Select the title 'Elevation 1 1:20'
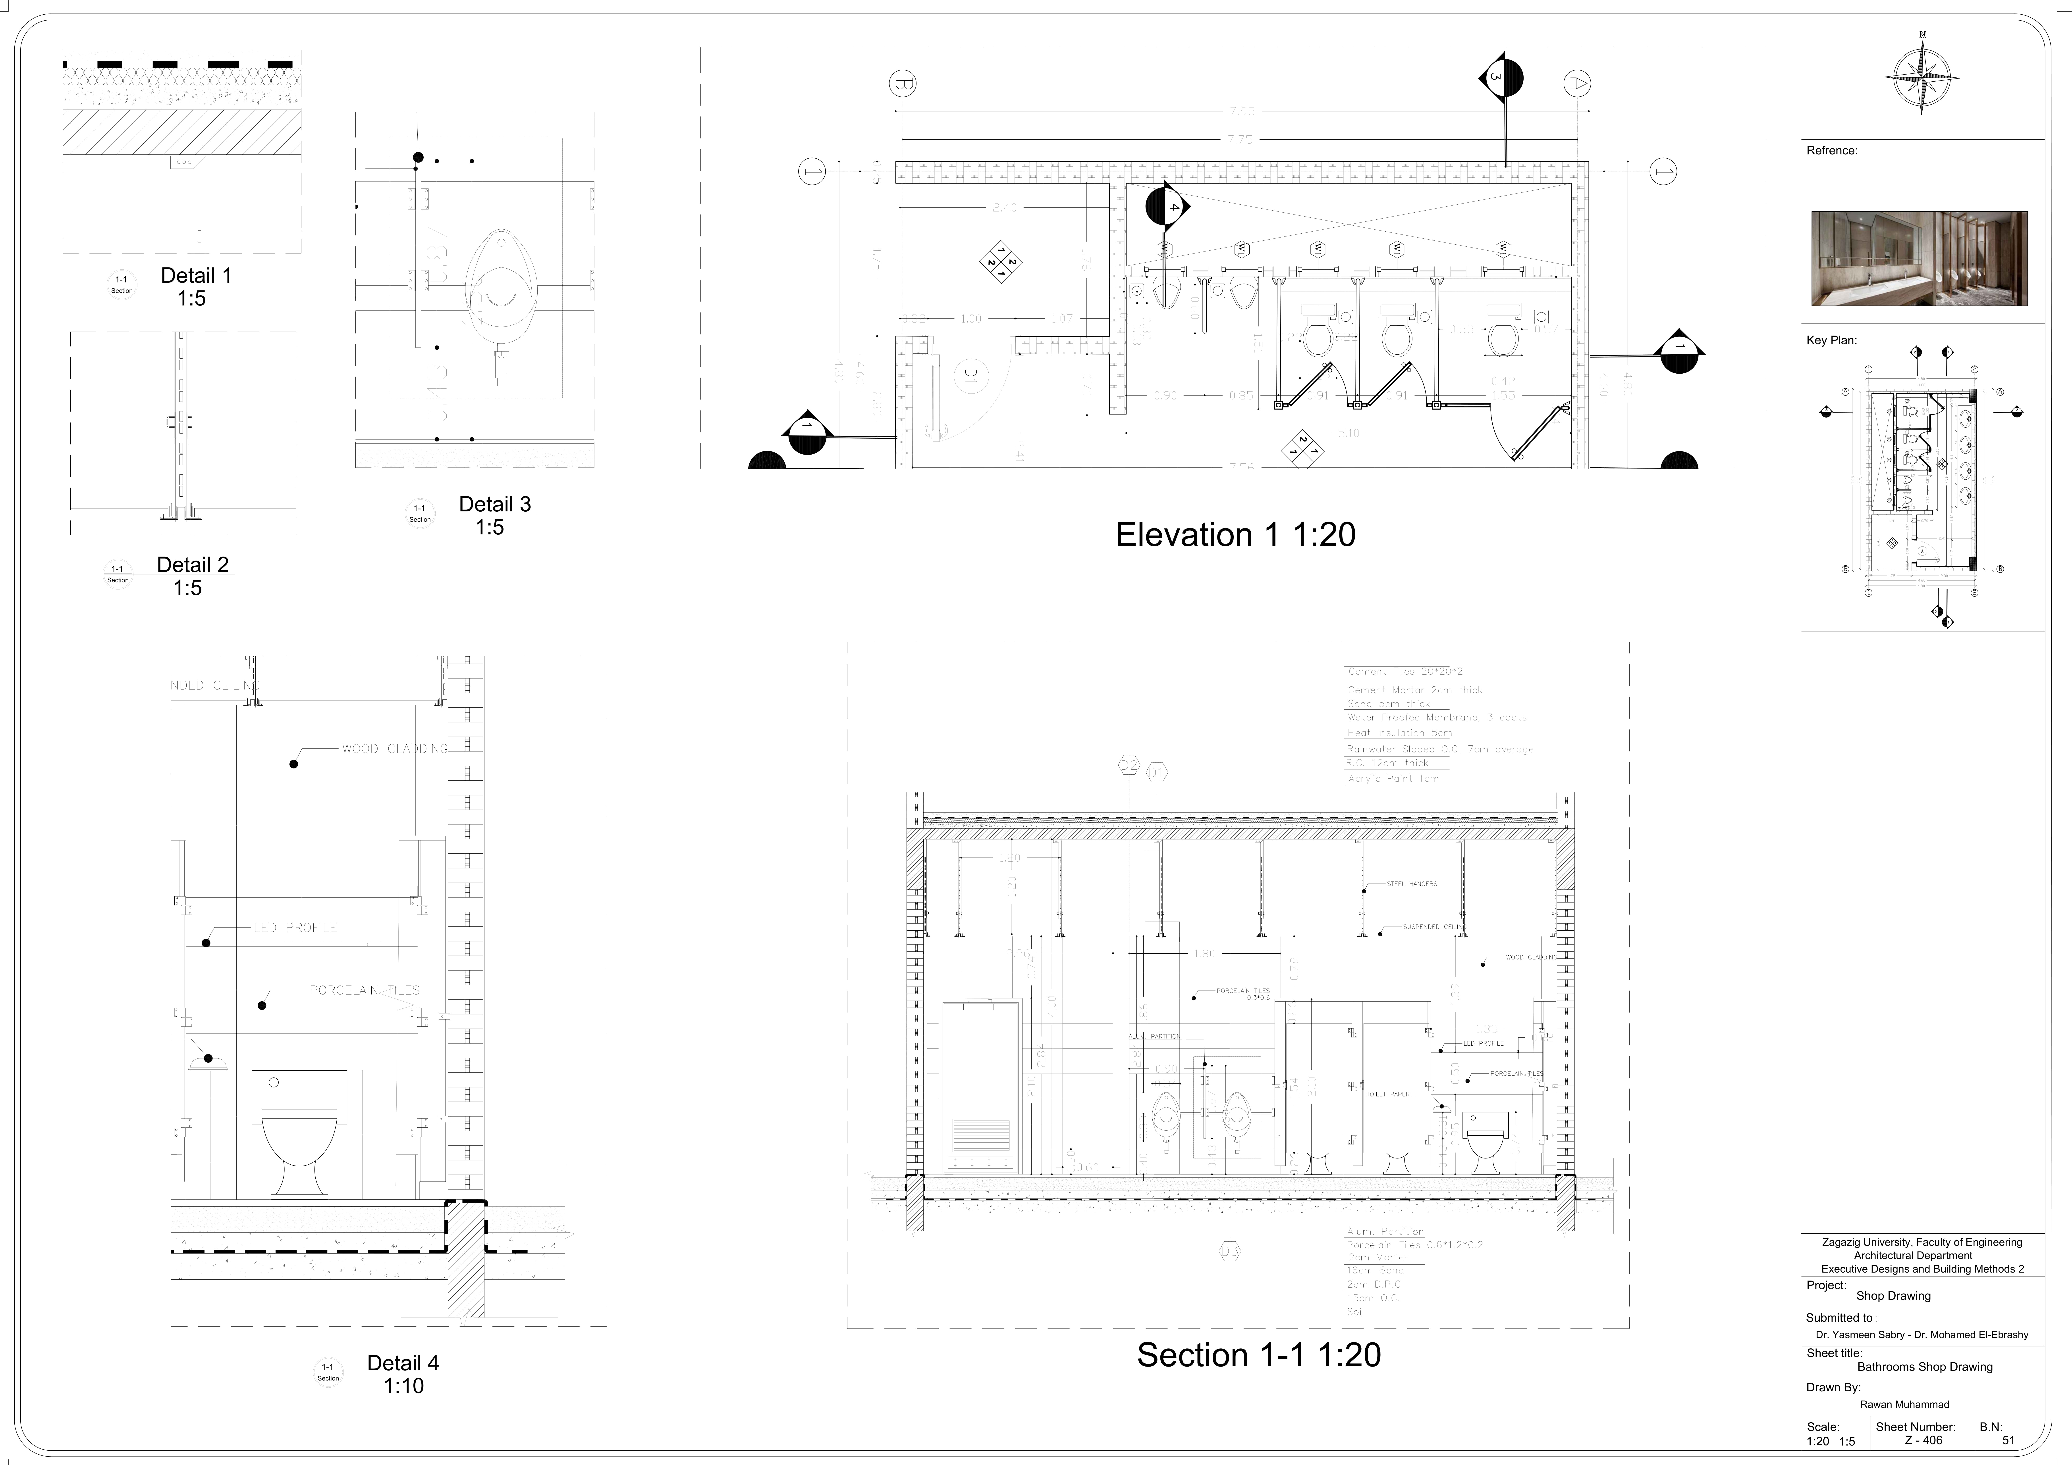click(1235, 535)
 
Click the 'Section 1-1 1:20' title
click(1258, 1355)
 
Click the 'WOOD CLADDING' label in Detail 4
click(394, 749)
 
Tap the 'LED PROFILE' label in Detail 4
click(295, 927)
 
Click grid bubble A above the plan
click(1576, 84)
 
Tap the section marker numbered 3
click(1500, 78)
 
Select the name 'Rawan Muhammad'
click(1904, 1405)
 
